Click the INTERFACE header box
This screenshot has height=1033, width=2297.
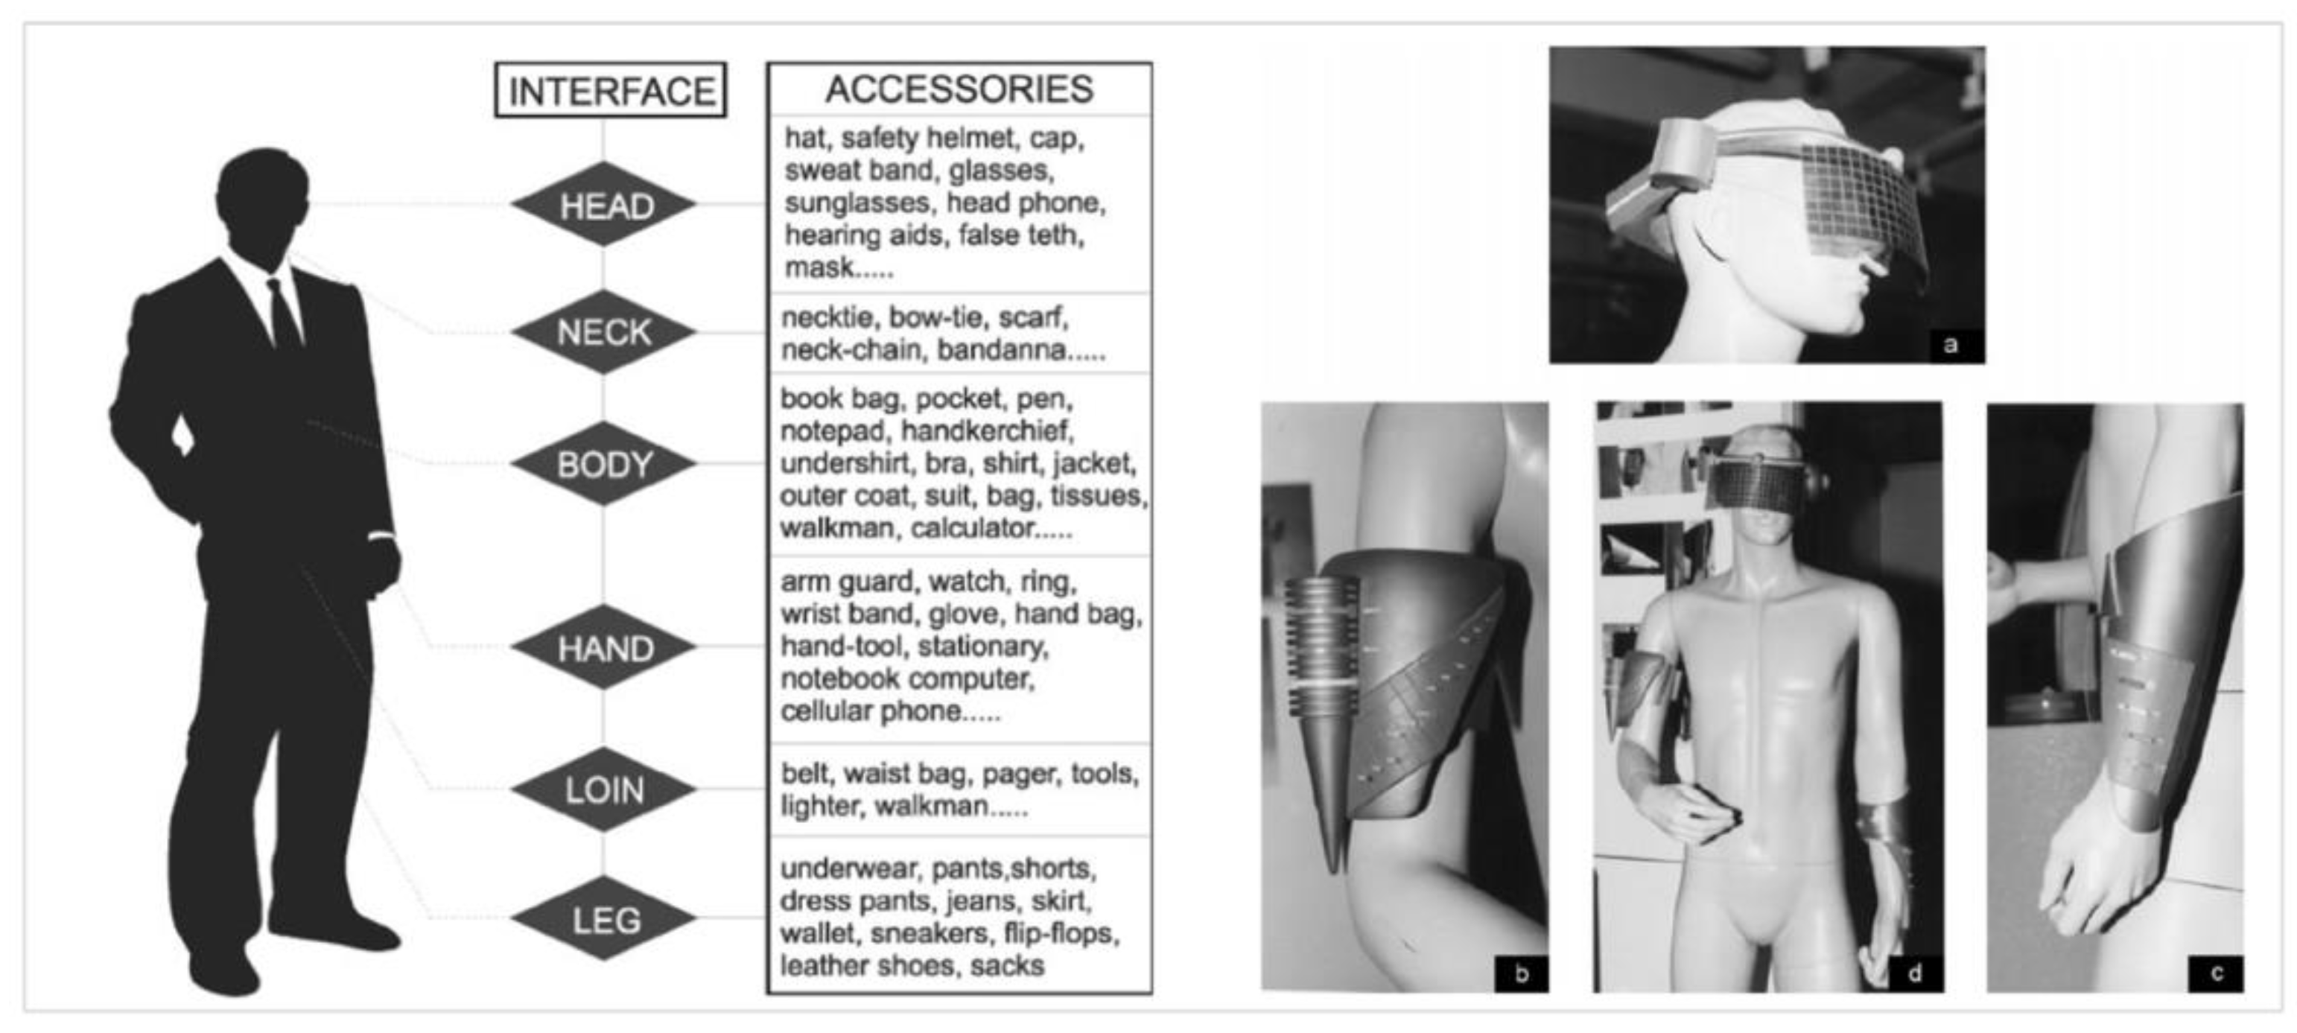tap(611, 90)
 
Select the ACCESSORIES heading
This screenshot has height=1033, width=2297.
tap(959, 89)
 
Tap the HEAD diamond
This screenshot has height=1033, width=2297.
tap(605, 205)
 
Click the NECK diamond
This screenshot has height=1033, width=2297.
tap(605, 332)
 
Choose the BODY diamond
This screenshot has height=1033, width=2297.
tap(605, 463)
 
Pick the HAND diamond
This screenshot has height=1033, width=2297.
tap(605, 648)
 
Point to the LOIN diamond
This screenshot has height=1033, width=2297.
tap(605, 789)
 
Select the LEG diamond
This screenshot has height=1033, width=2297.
tap(605, 919)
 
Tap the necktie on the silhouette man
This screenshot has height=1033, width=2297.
tap(285, 314)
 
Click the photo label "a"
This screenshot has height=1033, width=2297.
tap(1950, 345)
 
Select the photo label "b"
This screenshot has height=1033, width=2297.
tap(1521, 973)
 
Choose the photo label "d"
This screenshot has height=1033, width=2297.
tap(1914, 973)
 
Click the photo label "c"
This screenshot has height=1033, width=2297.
tap(2217, 973)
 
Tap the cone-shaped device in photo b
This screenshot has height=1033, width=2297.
tap(1324, 713)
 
